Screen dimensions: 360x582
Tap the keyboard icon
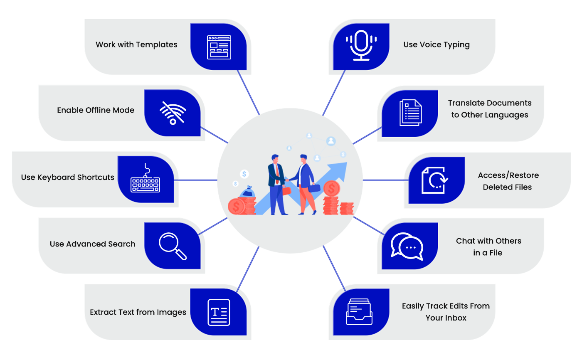(x=145, y=180)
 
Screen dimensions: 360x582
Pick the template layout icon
(x=219, y=47)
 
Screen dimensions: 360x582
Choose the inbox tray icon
(x=359, y=311)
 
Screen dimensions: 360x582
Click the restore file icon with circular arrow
(x=434, y=180)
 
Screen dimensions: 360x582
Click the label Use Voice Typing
(x=436, y=44)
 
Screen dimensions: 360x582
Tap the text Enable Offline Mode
(x=96, y=110)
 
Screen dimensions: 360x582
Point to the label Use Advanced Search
(x=92, y=244)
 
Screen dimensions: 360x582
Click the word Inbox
(x=456, y=318)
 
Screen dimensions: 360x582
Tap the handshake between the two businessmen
(x=287, y=180)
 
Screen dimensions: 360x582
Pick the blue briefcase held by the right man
(x=314, y=187)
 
